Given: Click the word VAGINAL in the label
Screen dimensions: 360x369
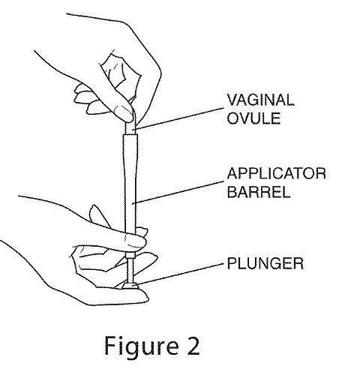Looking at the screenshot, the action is click(260, 100).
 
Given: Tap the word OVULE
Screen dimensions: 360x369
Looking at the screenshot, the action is click(253, 118).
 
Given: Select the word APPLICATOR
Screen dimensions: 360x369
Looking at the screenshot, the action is click(277, 173).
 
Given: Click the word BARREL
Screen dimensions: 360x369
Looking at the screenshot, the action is click(259, 192).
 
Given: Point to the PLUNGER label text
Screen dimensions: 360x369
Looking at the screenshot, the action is click(265, 263).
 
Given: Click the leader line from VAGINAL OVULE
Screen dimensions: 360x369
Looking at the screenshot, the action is click(179, 118).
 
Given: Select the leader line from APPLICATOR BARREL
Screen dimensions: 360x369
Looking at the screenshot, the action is click(178, 192).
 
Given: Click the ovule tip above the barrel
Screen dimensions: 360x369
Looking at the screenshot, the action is click(131, 126).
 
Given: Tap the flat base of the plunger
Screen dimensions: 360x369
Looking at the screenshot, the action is click(130, 286).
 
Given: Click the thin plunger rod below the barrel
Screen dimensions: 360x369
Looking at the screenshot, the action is click(130, 271).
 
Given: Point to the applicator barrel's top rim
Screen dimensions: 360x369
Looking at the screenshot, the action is click(130, 135).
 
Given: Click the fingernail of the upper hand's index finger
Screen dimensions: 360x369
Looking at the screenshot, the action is click(123, 112).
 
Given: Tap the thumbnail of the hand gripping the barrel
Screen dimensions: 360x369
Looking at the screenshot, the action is click(134, 239).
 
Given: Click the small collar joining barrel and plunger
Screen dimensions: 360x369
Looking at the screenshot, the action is click(130, 255).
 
